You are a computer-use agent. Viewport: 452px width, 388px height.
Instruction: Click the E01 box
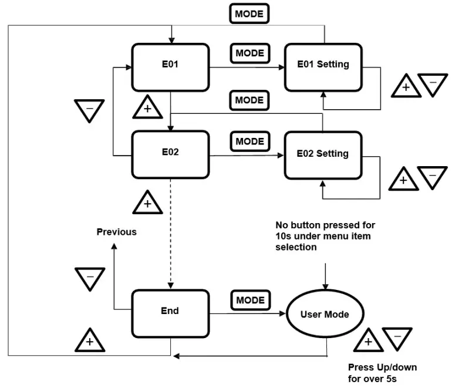[170, 66]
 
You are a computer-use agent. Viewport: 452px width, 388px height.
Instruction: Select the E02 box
[170, 154]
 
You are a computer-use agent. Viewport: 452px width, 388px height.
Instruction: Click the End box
[170, 312]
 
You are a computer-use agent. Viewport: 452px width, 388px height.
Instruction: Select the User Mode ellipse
[325, 315]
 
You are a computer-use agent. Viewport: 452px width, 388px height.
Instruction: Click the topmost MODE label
[249, 13]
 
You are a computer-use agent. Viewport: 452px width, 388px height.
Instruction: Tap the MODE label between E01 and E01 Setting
[249, 53]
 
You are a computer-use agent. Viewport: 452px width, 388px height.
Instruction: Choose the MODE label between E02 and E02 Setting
[249, 141]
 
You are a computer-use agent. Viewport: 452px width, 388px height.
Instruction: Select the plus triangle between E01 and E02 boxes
[147, 108]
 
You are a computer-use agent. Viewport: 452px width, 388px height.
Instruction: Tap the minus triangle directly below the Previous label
[90, 279]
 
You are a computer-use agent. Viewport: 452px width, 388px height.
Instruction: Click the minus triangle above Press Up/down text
[397, 339]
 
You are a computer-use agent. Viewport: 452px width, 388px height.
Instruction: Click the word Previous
[116, 232]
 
